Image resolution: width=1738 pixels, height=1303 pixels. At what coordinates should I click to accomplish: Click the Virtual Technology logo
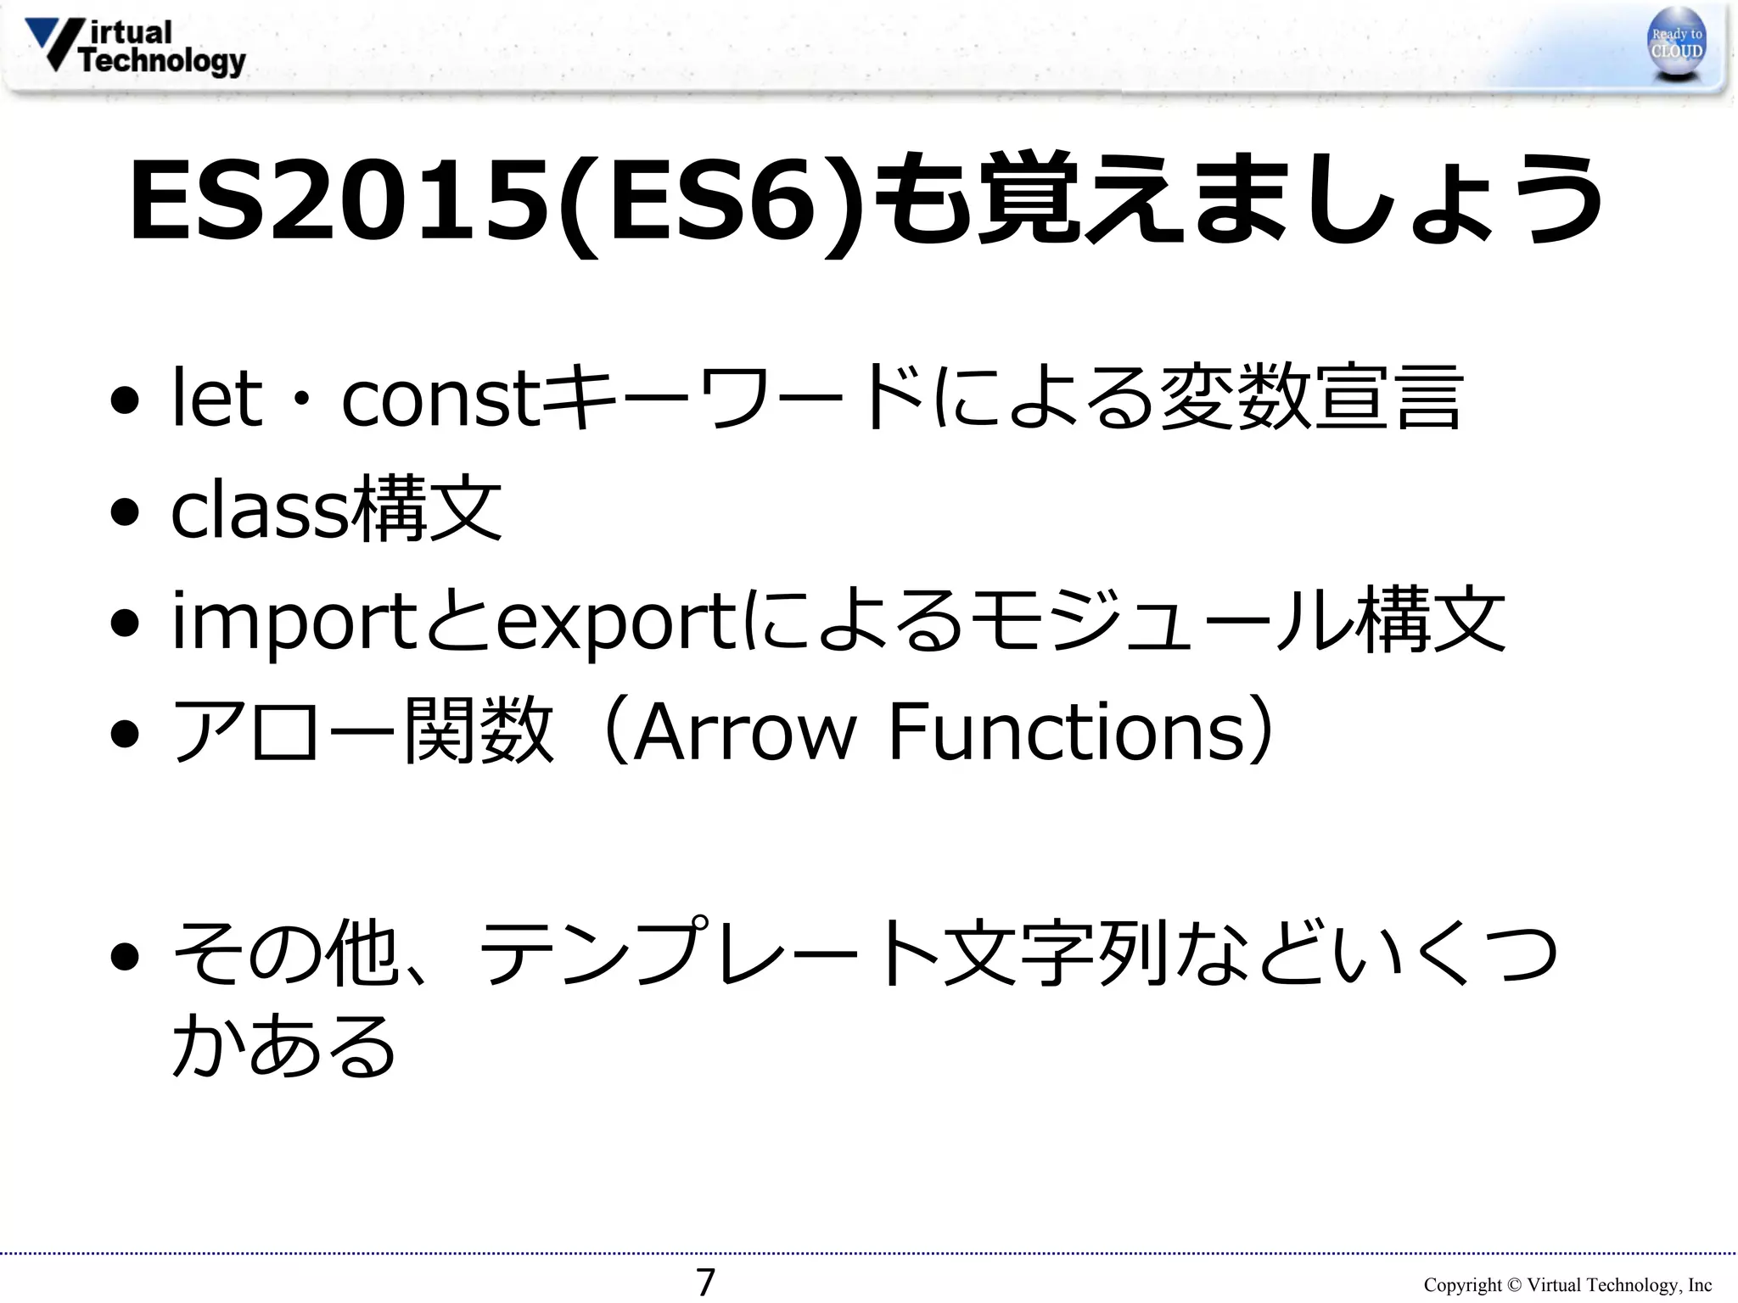tap(136, 48)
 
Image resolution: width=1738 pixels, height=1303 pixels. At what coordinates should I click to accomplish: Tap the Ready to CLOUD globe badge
tap(1677, 44)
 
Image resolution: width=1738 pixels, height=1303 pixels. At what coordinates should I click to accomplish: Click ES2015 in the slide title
tap(339, 200)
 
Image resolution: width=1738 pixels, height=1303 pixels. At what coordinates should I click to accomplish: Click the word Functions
tap(1066, 731)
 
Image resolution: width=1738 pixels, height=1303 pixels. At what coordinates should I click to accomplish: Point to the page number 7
tap(705, 1282)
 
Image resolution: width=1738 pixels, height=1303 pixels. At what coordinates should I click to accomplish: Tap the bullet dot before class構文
tap(125, 512)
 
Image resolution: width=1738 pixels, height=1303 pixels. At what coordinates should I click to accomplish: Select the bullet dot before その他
tap(125, 956)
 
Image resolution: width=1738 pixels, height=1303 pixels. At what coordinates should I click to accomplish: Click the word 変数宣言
tap(1310, 397)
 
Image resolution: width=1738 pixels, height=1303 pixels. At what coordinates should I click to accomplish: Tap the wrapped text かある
tap(283, 1045)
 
